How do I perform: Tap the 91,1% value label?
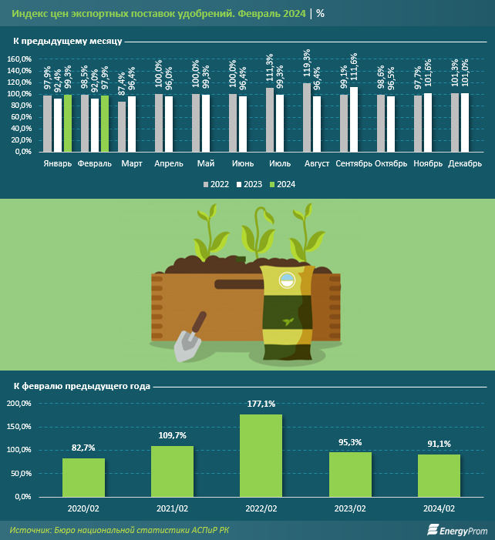coord(439,443)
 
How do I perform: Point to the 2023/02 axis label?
coord(350,508)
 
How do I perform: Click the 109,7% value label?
coord(172,435)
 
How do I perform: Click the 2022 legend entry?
coord(217,184)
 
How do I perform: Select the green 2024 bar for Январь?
coord(67,122)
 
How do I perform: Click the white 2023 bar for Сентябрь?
coord(354,119)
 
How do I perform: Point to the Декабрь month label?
coord(465,164)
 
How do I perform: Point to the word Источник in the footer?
coord(30,530)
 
